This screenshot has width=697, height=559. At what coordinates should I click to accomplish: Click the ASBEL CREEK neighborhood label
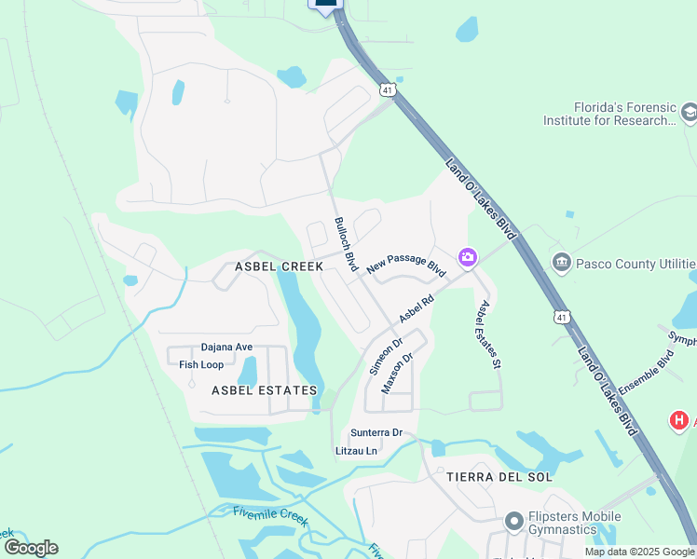pyautogui.click(x=279, y=266)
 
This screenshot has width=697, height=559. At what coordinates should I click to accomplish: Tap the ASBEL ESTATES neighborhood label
pyautogui.click(x=265, y=390)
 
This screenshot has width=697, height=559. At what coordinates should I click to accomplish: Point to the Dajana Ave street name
pyautogui.click(x=227, y=348)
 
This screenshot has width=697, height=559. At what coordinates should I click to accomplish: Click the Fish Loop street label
pyautogui.click(x=201, y=364)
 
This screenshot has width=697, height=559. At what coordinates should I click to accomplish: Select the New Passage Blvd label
pyautogui.click(x=407, y=265)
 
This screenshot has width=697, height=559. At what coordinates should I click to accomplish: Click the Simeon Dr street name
pyautogui.click(x=386, y=356)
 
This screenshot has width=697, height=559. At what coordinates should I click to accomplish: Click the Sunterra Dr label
pyautogui.click(x=376, y=432)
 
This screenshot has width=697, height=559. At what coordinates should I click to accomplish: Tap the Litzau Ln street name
pyautogui.click(x=356, y=451)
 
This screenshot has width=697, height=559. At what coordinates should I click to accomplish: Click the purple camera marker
pyautogui.click(x=467, y=256)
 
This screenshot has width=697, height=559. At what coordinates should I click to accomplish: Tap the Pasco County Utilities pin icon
pyautogui.click(x=561, y=262)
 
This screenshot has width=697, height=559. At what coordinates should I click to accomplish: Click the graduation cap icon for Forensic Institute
pyautogui.click(x=689, y=113)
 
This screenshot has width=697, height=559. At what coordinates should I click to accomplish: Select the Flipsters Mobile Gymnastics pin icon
pyautogui.click(x=512, y=521)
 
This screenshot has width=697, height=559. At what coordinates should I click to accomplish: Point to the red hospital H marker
pyautogui.click(x=679, y=421)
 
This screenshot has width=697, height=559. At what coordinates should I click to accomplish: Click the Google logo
pyautogui.click(x=31, y=548)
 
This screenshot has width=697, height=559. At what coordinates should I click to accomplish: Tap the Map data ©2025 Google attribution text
pyautogui.click(x=638, y=552)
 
